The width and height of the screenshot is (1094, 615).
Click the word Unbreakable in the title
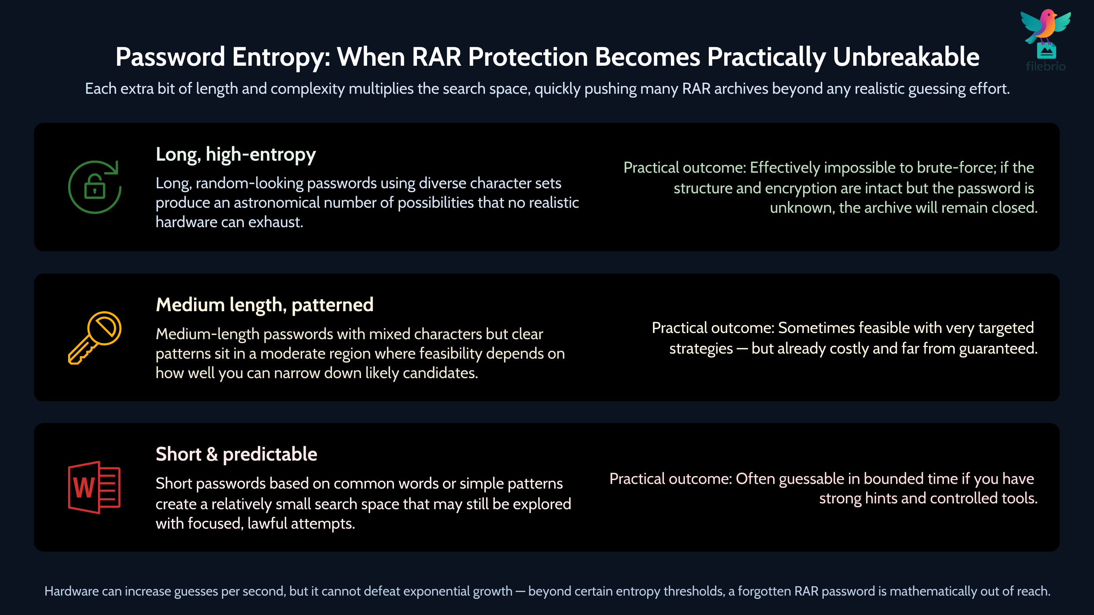[x=906, y=57]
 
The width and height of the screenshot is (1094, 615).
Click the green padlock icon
[x=95, y=187]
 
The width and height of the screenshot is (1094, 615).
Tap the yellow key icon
[x=95, y=338]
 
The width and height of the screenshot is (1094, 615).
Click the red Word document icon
[x=94, y=487]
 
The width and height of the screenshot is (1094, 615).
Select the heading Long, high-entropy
[x=236, y=154]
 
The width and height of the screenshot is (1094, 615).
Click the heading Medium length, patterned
[x=264, y=305]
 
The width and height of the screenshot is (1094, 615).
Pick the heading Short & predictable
[x=236, y=454]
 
